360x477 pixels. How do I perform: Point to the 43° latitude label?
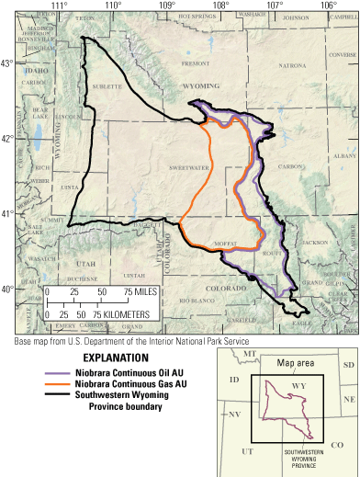tap(7, 62)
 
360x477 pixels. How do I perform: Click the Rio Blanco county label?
tap(197, 301)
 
